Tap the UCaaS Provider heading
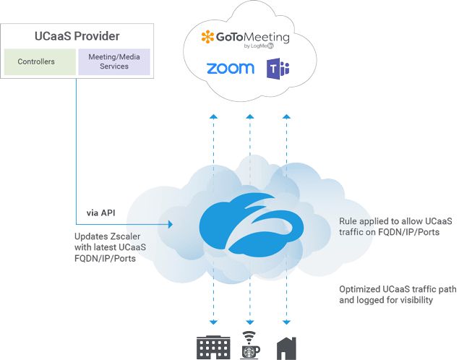point(77,36)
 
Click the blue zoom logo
point(230,69)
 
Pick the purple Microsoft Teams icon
point(279,69)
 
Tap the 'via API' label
point(101,213)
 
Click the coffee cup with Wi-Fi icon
point(250,346)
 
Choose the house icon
point(287,348)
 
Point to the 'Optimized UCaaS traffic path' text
point(398,289)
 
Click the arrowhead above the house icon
point(287,322)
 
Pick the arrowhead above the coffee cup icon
point(250,322)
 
